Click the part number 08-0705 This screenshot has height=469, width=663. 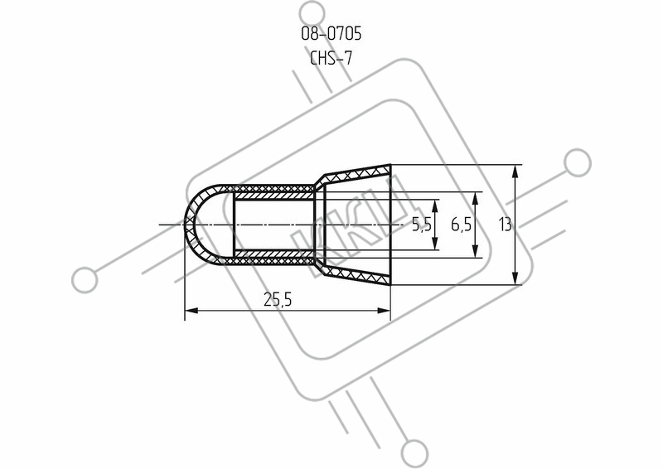tap(331, 34)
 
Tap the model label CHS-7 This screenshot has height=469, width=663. tap(331, 58)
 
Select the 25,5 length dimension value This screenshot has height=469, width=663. tap(278, 300)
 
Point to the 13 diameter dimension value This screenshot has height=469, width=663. tap(506, 224)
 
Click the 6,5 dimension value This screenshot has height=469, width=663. tap(461, 225)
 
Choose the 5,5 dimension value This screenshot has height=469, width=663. tap(422, 225)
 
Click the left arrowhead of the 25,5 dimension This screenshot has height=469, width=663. tap(191, 311)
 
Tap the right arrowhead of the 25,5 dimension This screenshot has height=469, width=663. tap(384, 311)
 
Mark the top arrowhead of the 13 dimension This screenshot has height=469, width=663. tap(515, 172)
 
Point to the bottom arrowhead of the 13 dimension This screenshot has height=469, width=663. tap(515, 278)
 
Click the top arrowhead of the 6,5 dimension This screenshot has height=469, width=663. tap(476, 199)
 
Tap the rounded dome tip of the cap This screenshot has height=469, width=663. tap(188, 225)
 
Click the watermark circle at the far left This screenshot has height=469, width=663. tap(85, 280)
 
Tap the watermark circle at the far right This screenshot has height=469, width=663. tap(578, 162)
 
